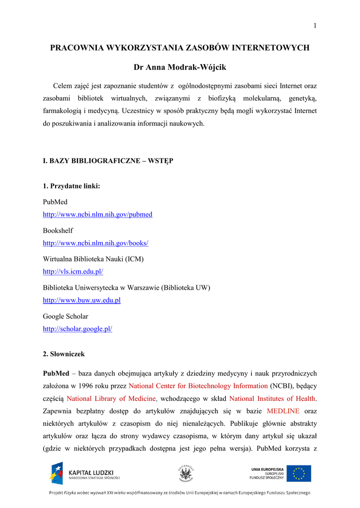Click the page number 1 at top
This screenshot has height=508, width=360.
pos(315,26)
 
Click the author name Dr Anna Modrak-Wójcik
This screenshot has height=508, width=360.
pos(180,67)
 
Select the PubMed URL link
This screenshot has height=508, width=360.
pos(97,215)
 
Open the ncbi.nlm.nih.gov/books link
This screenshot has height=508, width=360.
pos(95,243)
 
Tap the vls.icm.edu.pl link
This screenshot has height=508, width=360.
pos(72,272)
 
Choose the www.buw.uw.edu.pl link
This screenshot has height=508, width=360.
pos(81,300)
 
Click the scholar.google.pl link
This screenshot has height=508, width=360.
pos(77,329)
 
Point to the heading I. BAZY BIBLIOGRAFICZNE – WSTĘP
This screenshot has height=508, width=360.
pos(108,161)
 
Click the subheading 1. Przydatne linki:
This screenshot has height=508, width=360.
pos(72,186)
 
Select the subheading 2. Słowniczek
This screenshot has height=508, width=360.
pos(64,354)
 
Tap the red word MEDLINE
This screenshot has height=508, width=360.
pos(283,411)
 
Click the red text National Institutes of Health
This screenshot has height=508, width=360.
pos(273,398)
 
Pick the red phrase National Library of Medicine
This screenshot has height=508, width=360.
pos(112,398)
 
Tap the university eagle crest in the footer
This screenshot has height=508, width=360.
pos(186,474)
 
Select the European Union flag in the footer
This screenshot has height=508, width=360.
pos(298,473)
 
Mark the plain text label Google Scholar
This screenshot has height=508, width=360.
pos(66,316)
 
